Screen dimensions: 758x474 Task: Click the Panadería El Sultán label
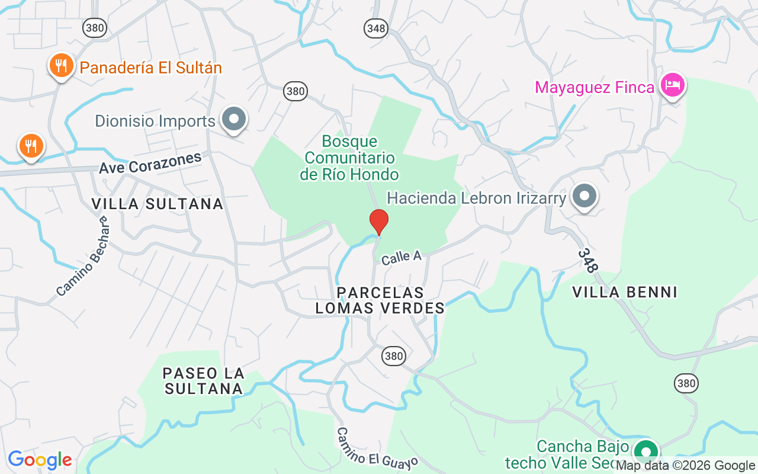tap(150, 68)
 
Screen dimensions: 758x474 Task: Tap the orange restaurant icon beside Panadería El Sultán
tap(61, 65)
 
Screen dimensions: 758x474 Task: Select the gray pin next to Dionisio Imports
tap(234, 119)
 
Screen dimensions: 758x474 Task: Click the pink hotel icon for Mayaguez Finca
tap(673, 85)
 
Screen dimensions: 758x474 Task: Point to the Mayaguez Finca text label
tap(594, 88)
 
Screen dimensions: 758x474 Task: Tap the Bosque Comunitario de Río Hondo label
tap(349, 158)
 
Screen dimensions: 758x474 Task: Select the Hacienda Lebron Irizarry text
tap(476, 198)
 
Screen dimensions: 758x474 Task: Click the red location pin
tap(379, 222)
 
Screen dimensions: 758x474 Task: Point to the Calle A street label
tap(401, 257)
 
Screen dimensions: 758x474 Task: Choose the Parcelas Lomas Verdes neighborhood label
tap(380, 300)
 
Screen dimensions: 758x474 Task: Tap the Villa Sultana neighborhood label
tap(158, 204)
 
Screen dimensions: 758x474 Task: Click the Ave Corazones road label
tap(150, 164)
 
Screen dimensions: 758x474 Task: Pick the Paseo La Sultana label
tap(203, 381)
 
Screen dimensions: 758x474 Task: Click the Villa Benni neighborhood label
tap(625, 292)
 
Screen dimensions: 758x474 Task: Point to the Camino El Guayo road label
tap(378, 447)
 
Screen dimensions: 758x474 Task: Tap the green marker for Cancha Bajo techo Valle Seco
tap(646, 452)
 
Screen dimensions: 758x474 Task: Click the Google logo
tap(40, 460)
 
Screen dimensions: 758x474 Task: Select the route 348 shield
tap(375, 28)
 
